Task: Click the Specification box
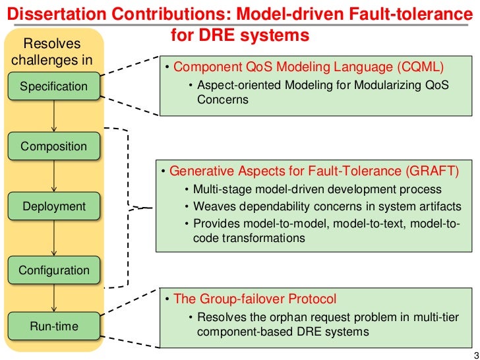[53, 86]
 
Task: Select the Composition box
[53, 146]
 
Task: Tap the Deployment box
[54, 206]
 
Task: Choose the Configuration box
[53, 270]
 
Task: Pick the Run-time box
[53, 326]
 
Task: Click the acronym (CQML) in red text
[422, 67]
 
